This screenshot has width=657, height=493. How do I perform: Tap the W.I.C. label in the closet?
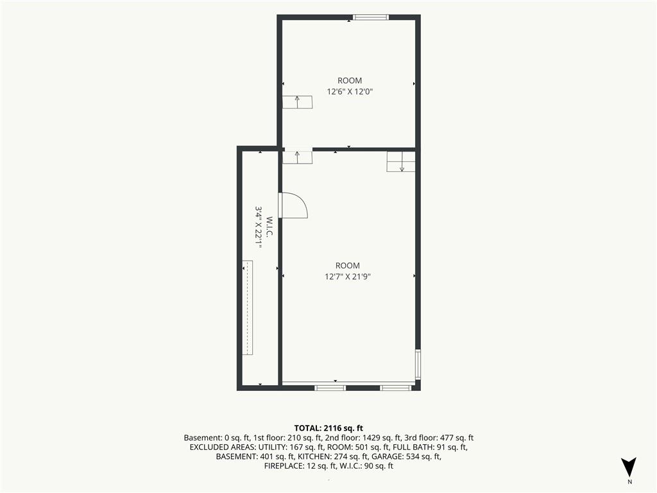(x=269, y=227)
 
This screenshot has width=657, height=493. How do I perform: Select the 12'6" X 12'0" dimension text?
(x=350, y=91)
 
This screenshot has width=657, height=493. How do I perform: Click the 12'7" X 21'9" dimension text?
(x=348, y=276)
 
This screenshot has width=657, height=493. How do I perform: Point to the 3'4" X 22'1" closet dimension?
(x=259, y=227)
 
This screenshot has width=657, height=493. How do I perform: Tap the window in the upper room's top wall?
(x=370, y=17)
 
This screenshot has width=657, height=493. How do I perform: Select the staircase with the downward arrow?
(x=401, y=161)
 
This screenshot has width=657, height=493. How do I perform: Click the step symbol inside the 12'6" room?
(x=297, y=102)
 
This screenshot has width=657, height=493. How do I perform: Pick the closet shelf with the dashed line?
(x=248, y=307)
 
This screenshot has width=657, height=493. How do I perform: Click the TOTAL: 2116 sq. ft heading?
(x=328, y=428)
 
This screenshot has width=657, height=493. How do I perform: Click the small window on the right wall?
(x=418, y=365)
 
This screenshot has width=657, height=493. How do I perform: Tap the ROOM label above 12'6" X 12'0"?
(x=350, y=80)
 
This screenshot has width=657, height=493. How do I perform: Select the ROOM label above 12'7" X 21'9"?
(x=348, y=265)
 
